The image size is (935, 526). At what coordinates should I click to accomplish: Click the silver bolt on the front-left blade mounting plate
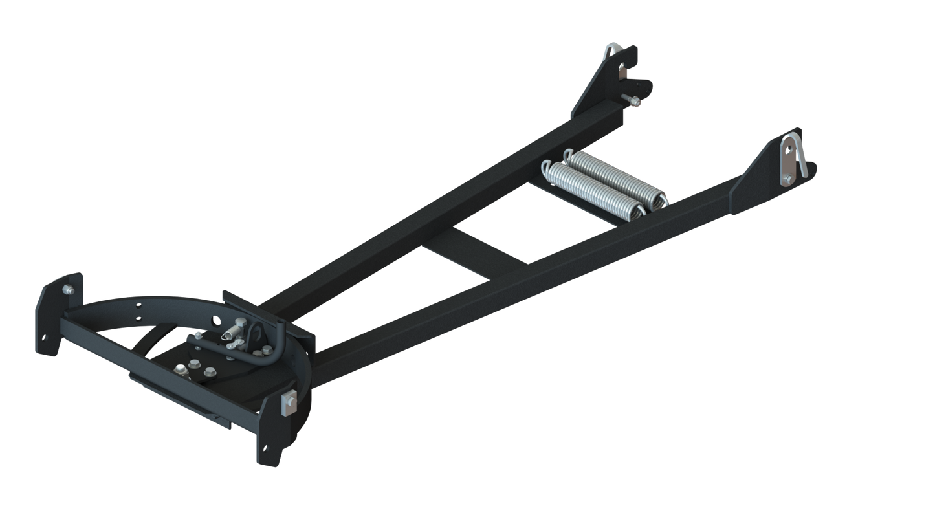point(66,290)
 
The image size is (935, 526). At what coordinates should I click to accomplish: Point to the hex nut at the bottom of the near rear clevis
point(787,180)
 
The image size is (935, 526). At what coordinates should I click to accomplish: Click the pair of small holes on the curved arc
point(137,308)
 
